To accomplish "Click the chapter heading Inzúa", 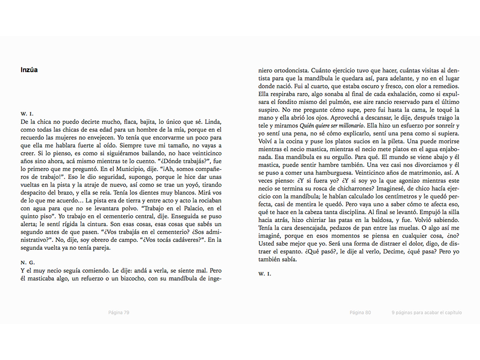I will tap(29, 70).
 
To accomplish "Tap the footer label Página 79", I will tap(119, 313).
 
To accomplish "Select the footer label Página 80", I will tap(360, 313).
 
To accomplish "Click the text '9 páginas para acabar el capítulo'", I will tap(427, 313).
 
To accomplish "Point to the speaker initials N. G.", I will tap(28, 262).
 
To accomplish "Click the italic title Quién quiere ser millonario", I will tap(332, 126).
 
